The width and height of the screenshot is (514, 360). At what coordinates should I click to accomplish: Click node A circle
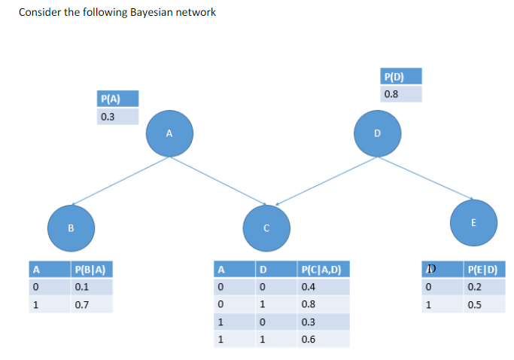(x=169, y=133)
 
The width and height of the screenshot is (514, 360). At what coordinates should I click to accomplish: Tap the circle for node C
(x=266, y=227)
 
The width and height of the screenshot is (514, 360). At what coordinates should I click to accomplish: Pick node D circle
(x=378, y=133)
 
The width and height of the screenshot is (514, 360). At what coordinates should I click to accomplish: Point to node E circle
(x=473, y=222)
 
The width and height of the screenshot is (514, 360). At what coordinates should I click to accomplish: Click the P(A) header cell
(x=118, y=98)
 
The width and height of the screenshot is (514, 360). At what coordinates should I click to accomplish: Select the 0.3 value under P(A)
(x=118, y=117)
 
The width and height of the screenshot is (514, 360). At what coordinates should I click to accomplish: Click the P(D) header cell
(x=401, y=76)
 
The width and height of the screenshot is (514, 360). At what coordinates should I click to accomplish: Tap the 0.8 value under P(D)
(x=401, y=94)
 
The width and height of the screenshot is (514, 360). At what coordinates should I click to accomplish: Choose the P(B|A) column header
(x=91, y=268)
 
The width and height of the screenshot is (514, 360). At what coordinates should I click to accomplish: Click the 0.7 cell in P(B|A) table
(x=91, y=304)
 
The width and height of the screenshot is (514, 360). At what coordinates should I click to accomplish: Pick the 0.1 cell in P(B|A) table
(x=91, y=286)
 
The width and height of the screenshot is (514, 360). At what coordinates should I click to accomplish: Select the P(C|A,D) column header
(x=323, y=268)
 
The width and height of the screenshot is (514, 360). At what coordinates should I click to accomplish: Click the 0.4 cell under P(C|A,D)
(x=323, y=286)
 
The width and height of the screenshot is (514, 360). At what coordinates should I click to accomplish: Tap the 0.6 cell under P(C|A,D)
(x=323, y=340)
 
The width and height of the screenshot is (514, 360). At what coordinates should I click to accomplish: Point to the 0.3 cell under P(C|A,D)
(x=323, y=322)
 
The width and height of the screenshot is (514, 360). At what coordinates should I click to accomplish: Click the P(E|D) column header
(x=485, y=268)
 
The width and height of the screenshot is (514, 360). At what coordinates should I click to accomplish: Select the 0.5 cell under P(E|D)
(x=485, y=304)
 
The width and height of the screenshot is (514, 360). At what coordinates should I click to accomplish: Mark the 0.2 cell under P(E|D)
(x=485, y=286)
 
